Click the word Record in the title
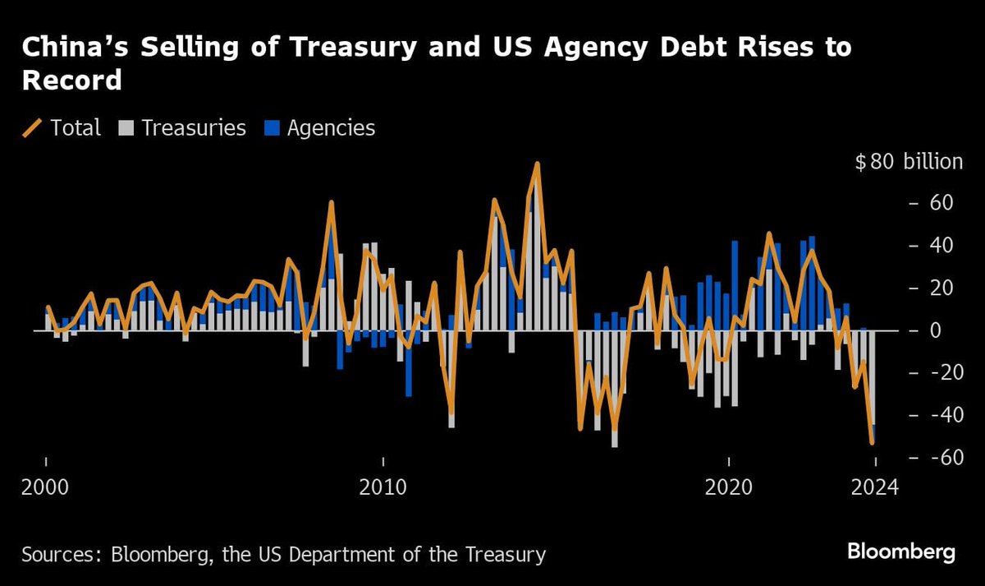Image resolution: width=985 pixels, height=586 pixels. point(72,80)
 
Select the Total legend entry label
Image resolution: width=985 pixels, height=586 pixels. point(76,128)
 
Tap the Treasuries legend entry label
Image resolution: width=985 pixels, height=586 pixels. point(194,128)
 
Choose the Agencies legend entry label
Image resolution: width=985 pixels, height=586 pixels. point(331,128)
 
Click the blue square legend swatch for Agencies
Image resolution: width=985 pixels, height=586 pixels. point(273,128)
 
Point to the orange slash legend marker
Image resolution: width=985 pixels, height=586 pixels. point(33,128)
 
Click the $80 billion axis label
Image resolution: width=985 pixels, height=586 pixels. point(909,162)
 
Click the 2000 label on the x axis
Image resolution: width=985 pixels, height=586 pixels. point(46,487)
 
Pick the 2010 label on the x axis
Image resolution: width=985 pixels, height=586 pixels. point(382,487)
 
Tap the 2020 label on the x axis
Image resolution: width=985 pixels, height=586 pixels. point(729,487)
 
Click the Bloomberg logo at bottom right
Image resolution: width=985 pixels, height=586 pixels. point(900,551)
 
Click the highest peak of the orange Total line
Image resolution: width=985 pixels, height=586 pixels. point(537,164)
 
